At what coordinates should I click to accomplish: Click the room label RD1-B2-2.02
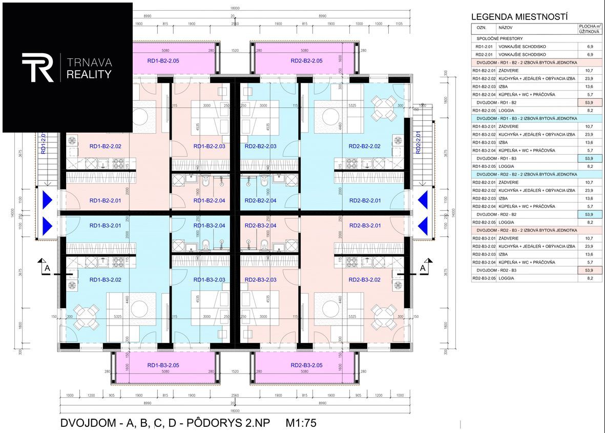point(105,146)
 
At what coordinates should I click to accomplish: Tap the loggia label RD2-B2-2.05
point(306,61)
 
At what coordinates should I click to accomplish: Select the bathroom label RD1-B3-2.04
point(209,226)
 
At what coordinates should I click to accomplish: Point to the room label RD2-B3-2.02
point(364,280)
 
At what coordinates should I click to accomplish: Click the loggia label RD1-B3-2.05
point(163,365)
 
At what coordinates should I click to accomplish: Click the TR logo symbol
point(37,67)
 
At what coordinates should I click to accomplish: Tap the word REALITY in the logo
point(89,75)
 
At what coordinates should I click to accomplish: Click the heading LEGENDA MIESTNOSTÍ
point(519,17)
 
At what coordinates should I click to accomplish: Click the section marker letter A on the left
point(47,267)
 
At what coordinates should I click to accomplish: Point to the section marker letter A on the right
point(423,267)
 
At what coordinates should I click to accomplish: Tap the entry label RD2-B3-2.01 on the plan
point(364,226)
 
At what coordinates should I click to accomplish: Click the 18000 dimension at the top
point(235,8)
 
